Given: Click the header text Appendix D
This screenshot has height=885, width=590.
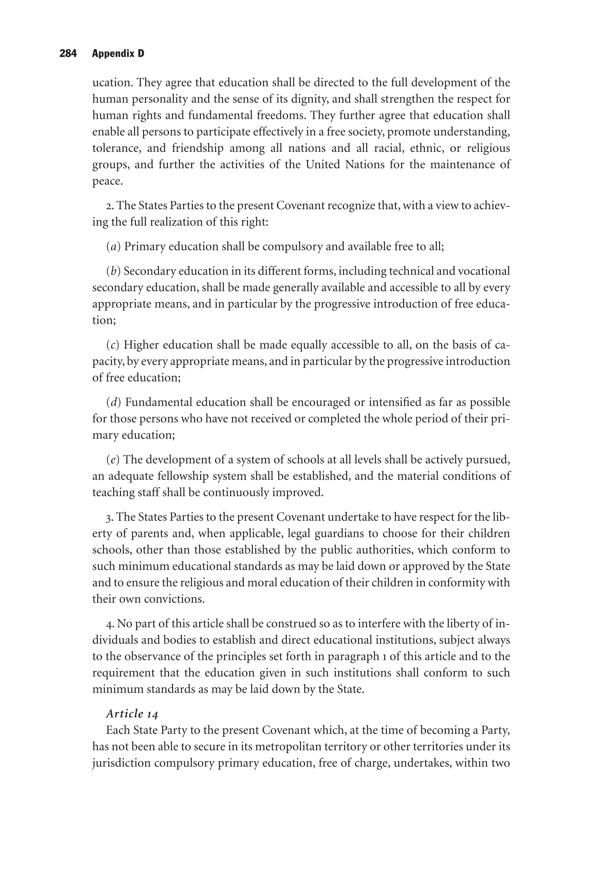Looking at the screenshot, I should coord(118,53).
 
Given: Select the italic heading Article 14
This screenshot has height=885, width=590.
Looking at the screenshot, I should coord(132,713).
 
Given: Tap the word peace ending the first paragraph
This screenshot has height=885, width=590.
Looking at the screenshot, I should coord(107,181).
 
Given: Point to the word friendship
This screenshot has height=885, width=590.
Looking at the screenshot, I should coord(198,148).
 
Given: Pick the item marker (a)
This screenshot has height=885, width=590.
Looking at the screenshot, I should coord(113,246).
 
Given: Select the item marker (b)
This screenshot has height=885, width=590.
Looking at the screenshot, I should coord(113,271).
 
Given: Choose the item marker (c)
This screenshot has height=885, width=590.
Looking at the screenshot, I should coord(112,345).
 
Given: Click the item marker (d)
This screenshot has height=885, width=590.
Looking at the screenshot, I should coord(113,402).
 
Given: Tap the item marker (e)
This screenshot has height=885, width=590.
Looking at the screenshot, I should coord(112,459).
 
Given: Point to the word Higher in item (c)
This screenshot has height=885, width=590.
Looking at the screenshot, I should coord(141,345).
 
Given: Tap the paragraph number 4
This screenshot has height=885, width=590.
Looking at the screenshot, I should coord(109,624).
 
